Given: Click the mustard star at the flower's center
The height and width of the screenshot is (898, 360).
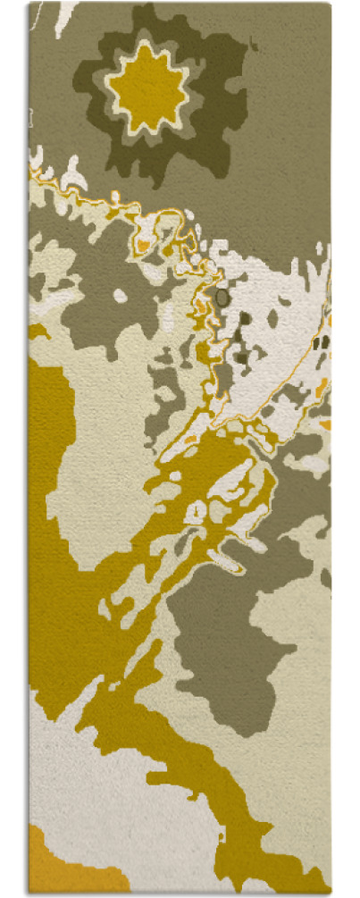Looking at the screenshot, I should [x=148, y=87].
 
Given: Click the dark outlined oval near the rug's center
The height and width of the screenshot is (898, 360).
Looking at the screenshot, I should [x=222, y=296].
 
